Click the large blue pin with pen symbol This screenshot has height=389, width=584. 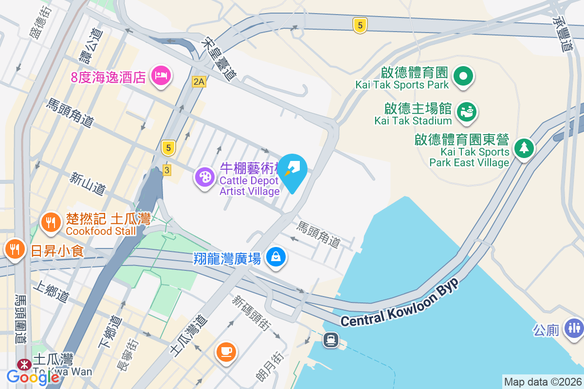pyautogui.click(x=292, y=170)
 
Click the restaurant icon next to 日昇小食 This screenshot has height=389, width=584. pyautogui.click(x=15, y=249)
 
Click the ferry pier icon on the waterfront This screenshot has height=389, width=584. pyautogui.click(x=331, y=339)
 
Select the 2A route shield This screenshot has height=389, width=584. pyautogui.click(x=199, y=82)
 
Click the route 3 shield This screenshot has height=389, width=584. pyautogui.click(x=167, y=170)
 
